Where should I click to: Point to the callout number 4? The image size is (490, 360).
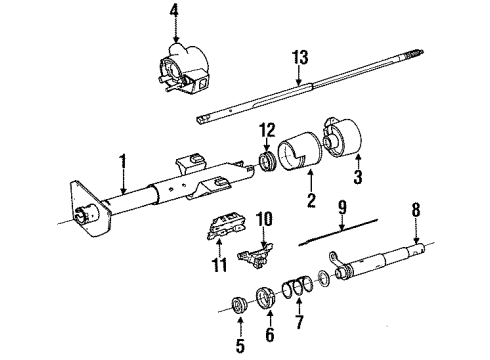(x=175, y=13)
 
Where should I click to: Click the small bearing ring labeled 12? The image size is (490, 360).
(x=267, y=161)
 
